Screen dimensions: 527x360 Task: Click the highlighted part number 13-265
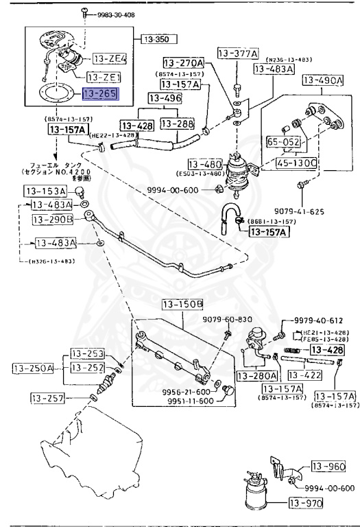tap(101, 93)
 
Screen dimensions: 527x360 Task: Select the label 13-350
tap(155, 40)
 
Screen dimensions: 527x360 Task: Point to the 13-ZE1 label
tap(106, 77)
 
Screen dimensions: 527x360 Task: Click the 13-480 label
tap(204, 164)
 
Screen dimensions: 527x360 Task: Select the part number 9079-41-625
tap(317, 211)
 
